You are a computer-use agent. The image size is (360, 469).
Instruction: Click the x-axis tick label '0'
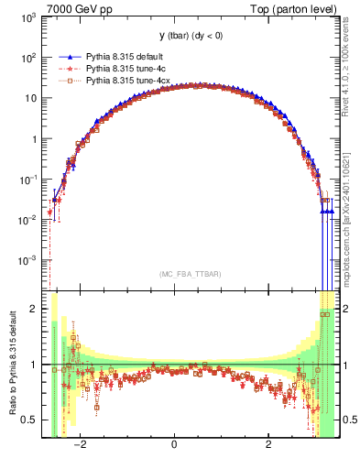point(174,445)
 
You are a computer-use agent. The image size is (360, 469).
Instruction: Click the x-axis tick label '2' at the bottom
point(268,445)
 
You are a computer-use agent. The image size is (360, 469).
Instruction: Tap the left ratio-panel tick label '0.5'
point(29,420)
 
